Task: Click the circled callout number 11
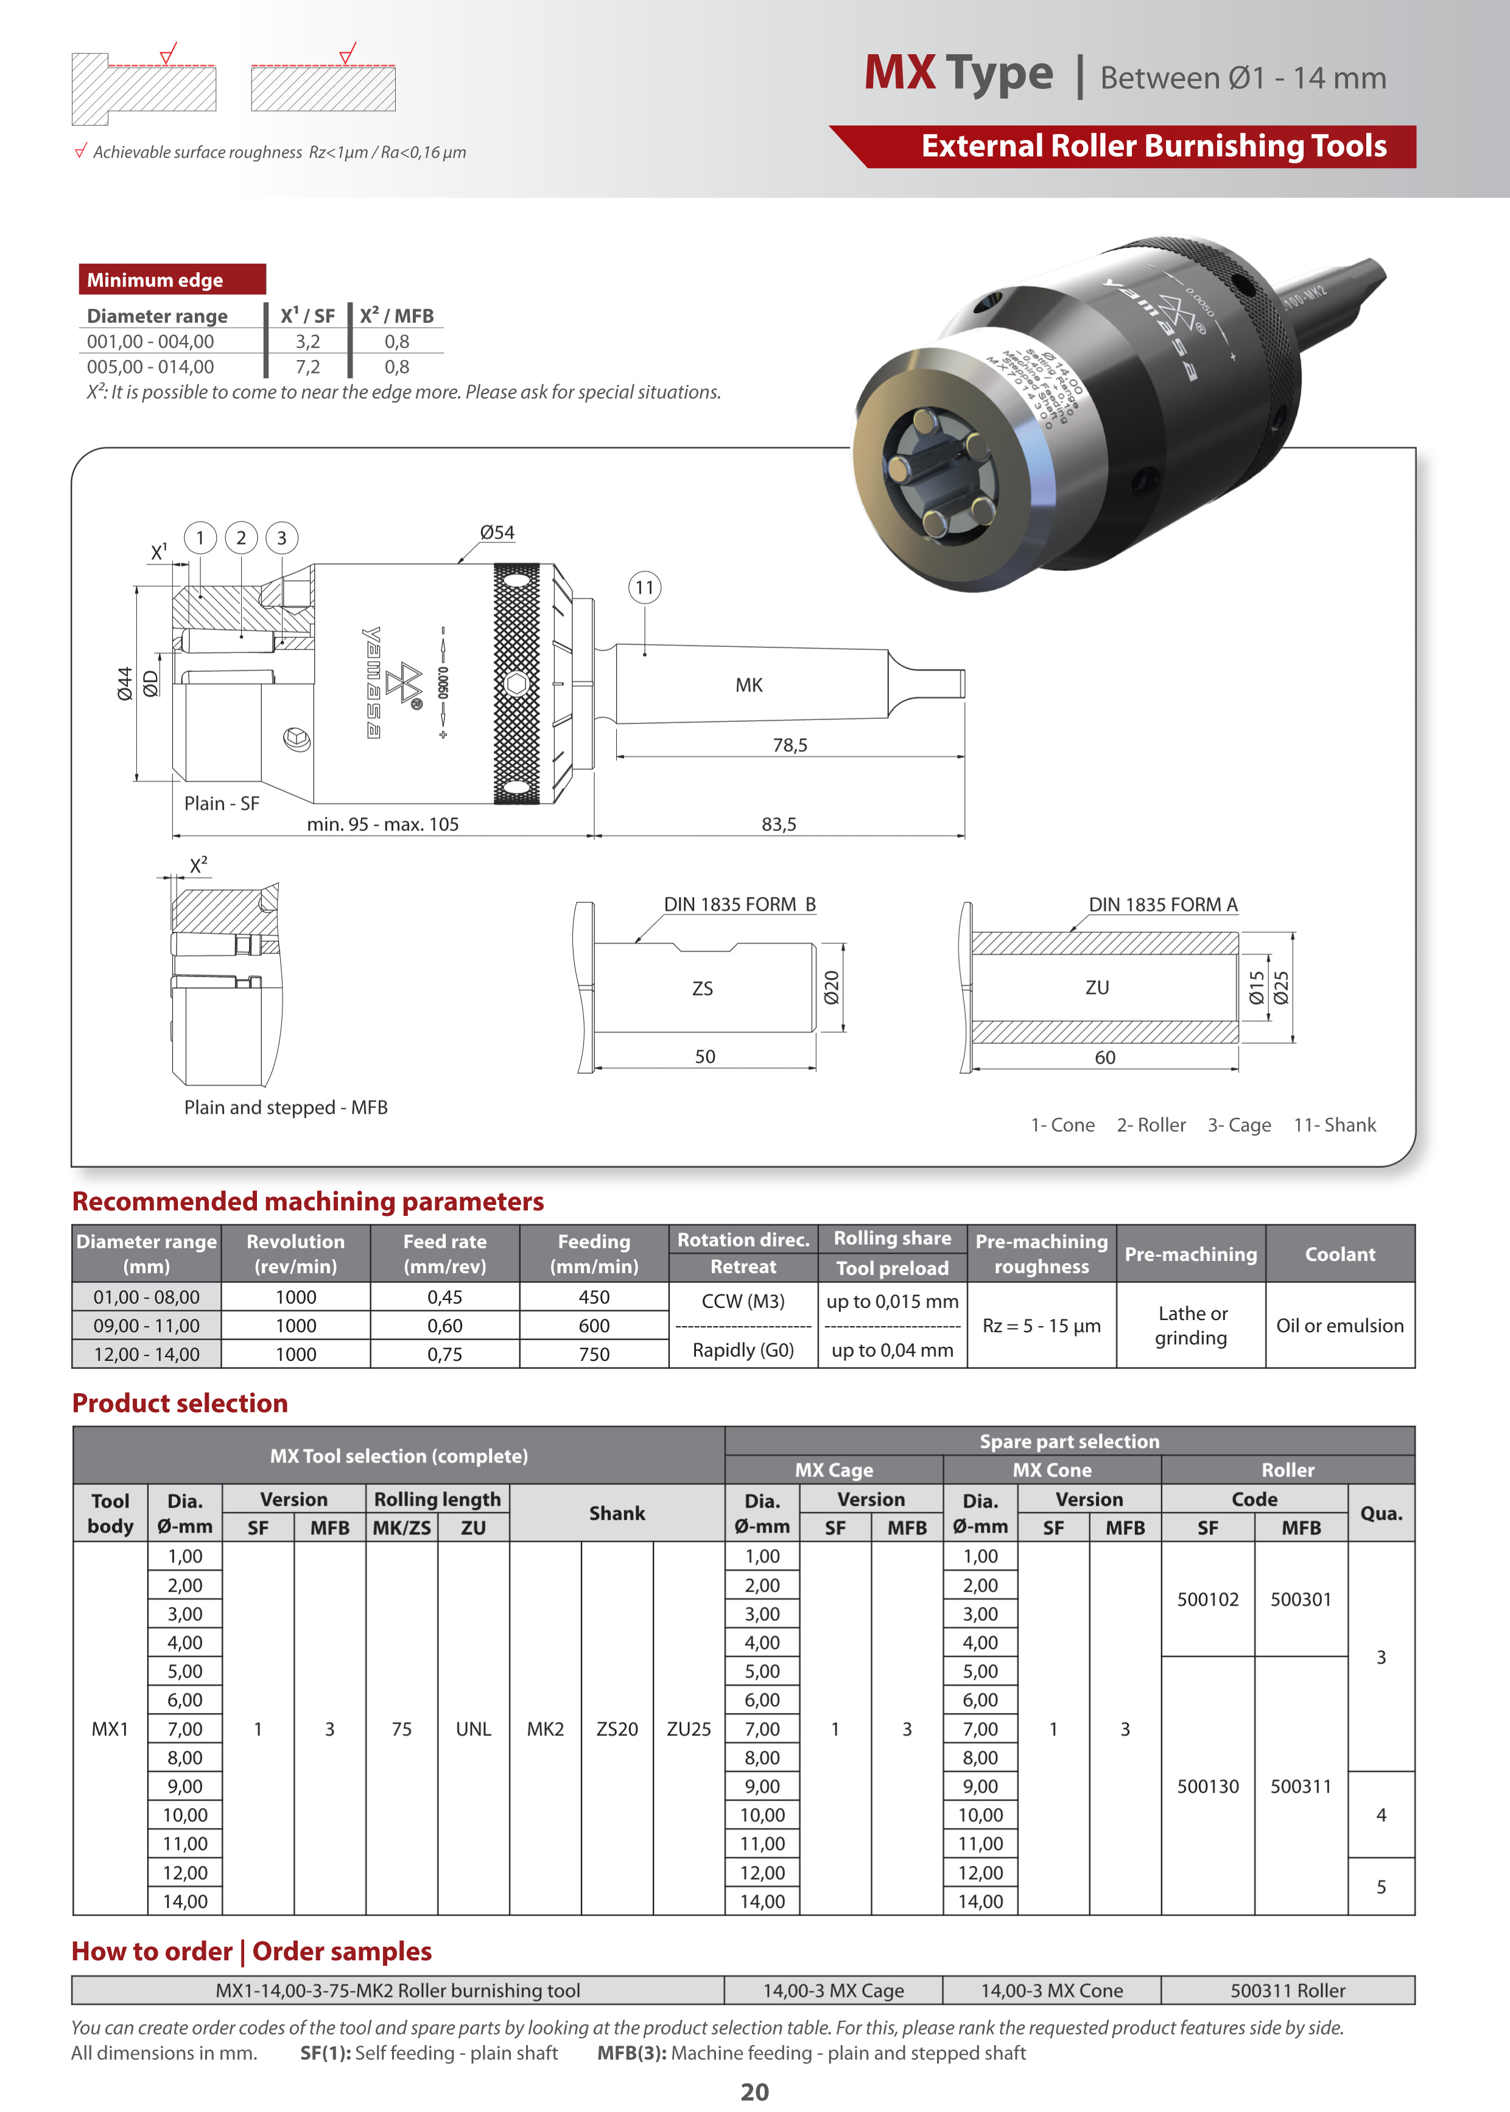644,588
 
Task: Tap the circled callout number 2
242,537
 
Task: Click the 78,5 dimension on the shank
790,745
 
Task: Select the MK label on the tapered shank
748,685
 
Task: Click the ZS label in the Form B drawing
702,989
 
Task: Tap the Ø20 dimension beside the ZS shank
831,987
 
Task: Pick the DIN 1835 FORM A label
1162,905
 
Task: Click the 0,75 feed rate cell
444,1354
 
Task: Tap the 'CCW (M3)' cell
743,1301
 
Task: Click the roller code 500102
1208,1600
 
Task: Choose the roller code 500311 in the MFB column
1301,1787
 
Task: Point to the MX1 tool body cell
110,1729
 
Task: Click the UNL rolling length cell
473,1729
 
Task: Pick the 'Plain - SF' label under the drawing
221,803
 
